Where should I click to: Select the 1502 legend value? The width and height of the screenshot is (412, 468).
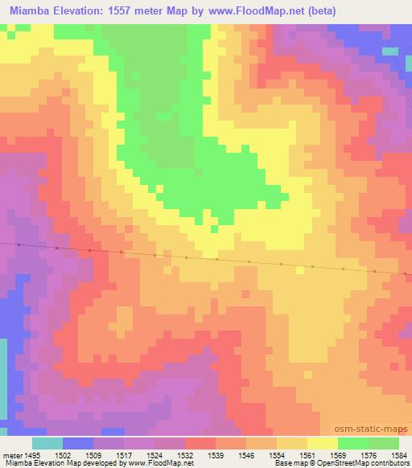(x=63, y=454)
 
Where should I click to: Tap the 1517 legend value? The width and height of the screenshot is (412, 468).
(x=125, y=454)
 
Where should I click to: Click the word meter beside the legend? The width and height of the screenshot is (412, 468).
(x=10, y=454)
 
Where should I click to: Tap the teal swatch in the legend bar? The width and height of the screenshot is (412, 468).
(x=47, y=443)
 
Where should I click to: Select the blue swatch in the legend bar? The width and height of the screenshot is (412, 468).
(x=78, y=443)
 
